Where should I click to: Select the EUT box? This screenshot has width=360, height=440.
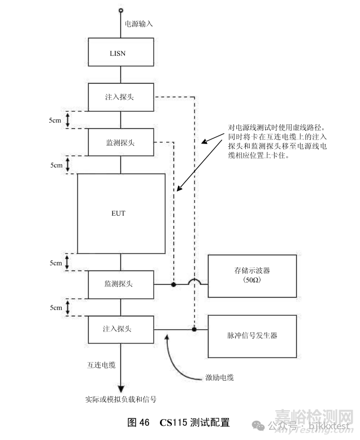pyautogui.click(x=120, y=214)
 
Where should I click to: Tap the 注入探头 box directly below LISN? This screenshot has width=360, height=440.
pyautogui.click(x=120, y=97)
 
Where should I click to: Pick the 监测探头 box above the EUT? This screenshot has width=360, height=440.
pyautogui.click(x=120, y=142)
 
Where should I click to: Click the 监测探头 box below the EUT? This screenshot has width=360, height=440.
pyautogui.click(x=120, y=284)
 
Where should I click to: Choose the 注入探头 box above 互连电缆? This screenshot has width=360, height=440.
pyautogui.click(x=120, y=328)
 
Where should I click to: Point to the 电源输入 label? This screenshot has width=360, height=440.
pyautogui.click(x=138, y=24)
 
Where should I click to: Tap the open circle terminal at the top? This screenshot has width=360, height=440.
pyautogui.click(x=120, y=10)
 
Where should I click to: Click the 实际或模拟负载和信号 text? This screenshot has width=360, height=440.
pyautogui.click(x=120, y=399)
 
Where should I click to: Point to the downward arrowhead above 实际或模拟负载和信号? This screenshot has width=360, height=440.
pyautogui.click(x=120, y=389)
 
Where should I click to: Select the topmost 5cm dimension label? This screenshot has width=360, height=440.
pyautogui.click(x=56, y=120)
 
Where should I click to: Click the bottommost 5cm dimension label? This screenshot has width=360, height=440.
pyautogui.click(x=56, y=307)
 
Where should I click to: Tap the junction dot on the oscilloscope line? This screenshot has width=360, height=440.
pyautogui.click(x=174, y=284)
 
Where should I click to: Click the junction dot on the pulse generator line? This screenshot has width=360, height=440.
pyautogui.click(x=194, y=329)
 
